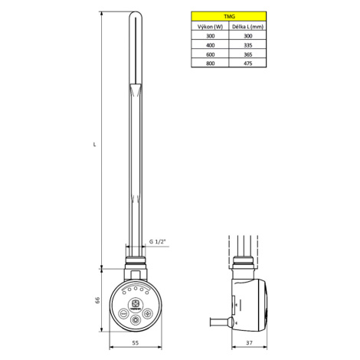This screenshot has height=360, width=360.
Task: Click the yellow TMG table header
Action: click(229, 16)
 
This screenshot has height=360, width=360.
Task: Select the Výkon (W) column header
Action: click(210, 27)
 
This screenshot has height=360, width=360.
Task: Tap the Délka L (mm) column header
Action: click(247, 27)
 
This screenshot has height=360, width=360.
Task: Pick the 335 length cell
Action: click(247, 45)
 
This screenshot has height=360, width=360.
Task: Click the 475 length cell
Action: click(247, 64)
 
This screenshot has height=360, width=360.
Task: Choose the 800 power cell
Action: click(210, 64)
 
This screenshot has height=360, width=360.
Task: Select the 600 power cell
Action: click(210, 54)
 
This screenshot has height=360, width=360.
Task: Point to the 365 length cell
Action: click(247, 54)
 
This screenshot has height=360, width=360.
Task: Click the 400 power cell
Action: click(210, 45)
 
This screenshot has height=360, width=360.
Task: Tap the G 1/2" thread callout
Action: click(158, 241)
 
